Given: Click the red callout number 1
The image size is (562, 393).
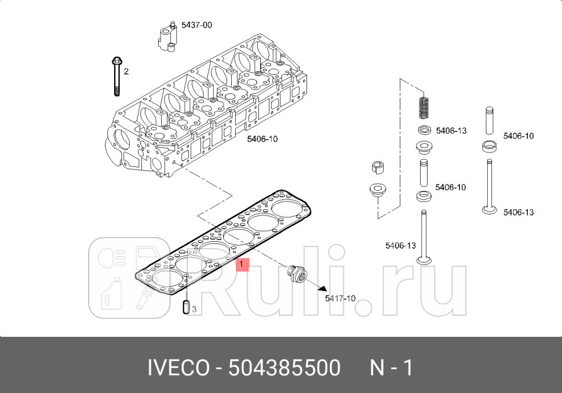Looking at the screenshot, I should (243, 265).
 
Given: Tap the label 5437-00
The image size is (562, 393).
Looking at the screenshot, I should (196, 25).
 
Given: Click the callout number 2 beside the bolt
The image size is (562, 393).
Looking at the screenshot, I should (126, 71).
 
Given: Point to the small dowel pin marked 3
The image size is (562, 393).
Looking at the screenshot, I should (185, 307).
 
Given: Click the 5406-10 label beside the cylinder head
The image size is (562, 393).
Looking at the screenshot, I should (262, 139).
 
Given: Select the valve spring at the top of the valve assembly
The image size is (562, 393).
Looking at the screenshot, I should (425, 108).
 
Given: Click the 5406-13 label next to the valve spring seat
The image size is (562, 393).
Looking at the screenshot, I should (451, 131).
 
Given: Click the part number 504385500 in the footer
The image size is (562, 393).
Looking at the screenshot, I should (284, 367).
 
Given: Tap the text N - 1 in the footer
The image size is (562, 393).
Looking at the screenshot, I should (391, 367).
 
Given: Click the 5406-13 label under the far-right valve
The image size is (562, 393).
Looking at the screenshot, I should (518, 212).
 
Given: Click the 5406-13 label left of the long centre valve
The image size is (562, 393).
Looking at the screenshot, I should (400, 246).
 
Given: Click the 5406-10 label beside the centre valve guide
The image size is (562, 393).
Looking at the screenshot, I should (450, 187).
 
